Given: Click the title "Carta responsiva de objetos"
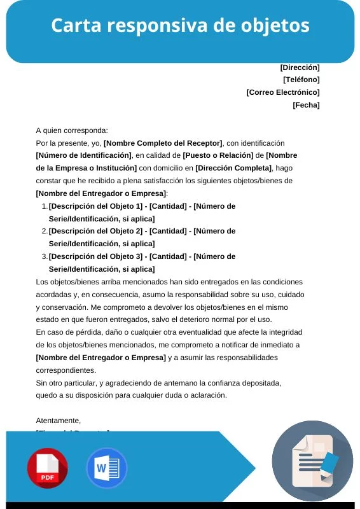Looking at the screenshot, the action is coord(180,25).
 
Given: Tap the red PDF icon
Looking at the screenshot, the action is coord(47,468).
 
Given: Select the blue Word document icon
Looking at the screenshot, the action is coord(106,468).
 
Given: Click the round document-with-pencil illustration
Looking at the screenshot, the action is coord(312,461).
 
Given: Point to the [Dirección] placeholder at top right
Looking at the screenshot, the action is coord(300,67).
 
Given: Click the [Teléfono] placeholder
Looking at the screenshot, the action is coord(301,80).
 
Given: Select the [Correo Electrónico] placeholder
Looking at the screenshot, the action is coord(282,92).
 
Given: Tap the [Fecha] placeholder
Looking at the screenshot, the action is coord(306,105).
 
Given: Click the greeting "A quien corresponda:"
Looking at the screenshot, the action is coord(72,130).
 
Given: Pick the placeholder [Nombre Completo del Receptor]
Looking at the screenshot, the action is coord(163,143).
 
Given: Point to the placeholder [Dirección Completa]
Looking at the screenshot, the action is coord(233,168).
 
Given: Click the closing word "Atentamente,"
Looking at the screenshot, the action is coord(59,421).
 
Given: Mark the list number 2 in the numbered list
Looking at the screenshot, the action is coord(44,231).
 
